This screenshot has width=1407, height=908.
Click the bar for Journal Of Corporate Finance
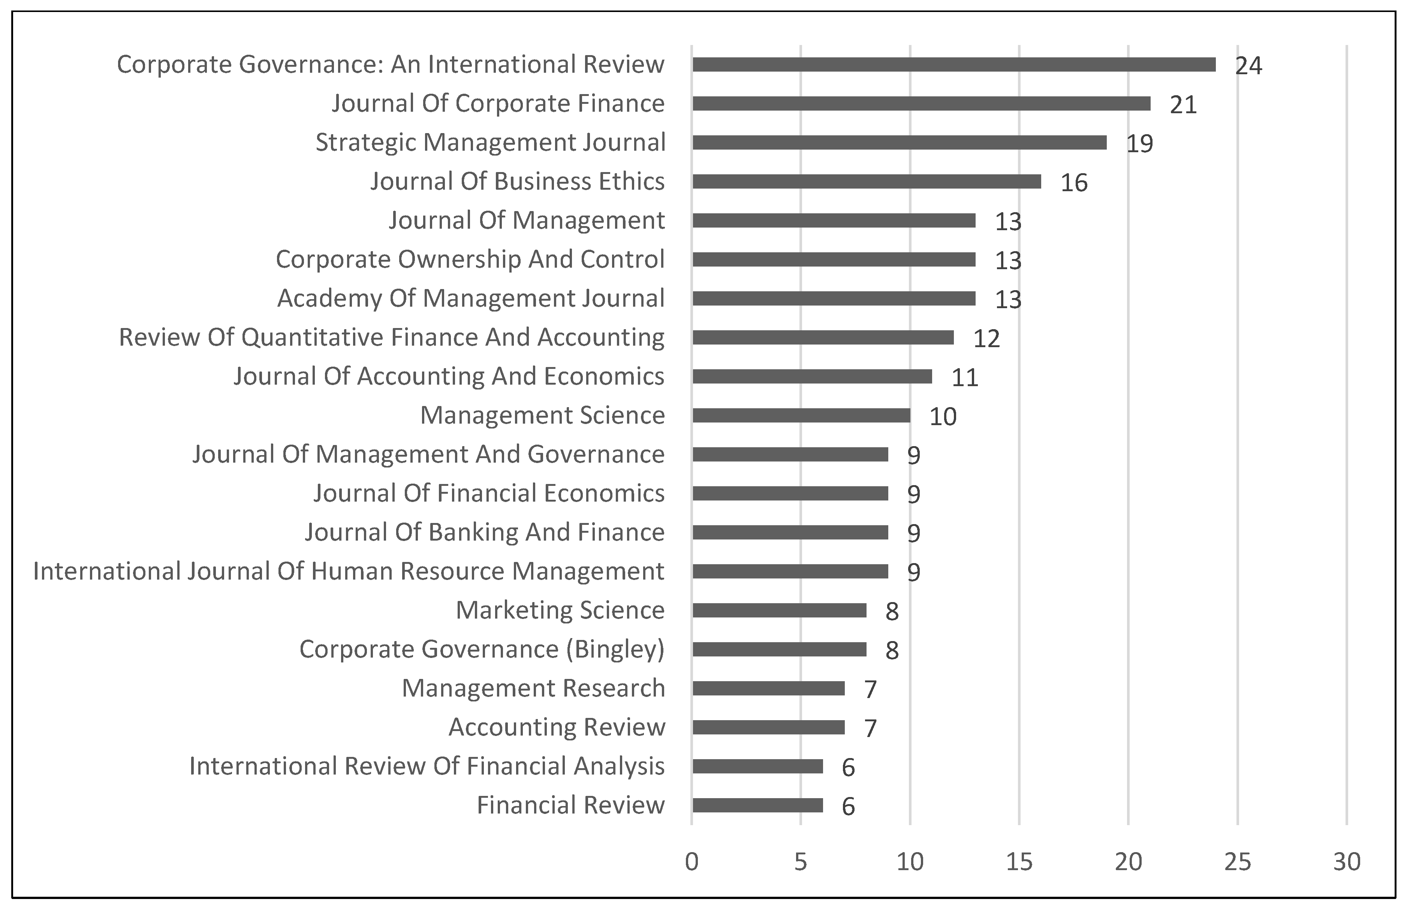(921, 104)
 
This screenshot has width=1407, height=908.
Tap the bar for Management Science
(801, 416)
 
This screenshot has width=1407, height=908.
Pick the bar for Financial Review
(757, 805)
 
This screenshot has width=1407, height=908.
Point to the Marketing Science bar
(779, 610)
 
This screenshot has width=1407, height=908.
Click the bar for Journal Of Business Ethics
(867, 181)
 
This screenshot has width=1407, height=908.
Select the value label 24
(1248, 66)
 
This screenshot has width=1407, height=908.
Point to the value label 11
(965, 378)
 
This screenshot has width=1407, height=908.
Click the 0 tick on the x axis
(692, 862)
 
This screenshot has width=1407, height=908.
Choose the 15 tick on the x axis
(1019, 862)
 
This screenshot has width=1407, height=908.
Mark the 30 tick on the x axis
(1347, 862)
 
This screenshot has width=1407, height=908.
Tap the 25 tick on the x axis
(1238, 862)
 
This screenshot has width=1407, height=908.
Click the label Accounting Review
(557, 727)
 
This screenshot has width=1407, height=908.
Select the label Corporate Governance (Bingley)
(482, 649)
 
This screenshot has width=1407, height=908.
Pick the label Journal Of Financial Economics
(489, 493)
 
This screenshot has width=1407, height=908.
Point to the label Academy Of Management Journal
(471, 298)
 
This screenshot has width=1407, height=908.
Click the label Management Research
(533, 688)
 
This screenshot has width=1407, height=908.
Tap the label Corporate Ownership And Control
(470, 259)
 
